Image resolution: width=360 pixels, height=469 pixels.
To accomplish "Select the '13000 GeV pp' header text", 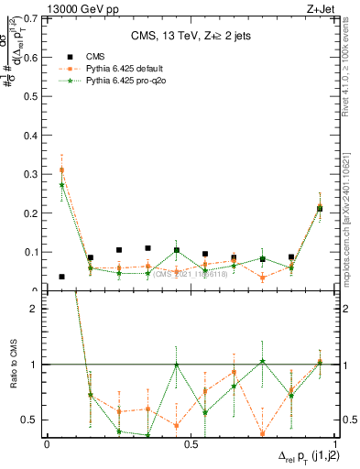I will click(82, 8).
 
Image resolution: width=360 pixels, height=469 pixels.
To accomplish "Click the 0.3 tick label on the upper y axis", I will click(32, 173).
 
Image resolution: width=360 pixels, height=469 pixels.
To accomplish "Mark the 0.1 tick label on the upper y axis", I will click(32, 252).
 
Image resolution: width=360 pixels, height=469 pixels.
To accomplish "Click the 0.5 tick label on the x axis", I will click(191, 443).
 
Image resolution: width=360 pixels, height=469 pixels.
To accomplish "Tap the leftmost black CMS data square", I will click(61, 277).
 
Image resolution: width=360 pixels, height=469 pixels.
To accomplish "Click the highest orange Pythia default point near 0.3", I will click(61, 169).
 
